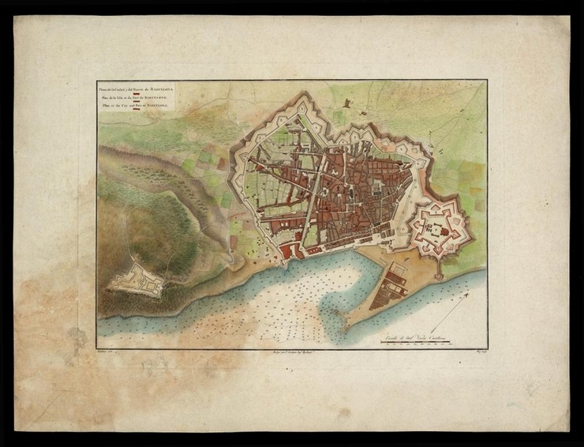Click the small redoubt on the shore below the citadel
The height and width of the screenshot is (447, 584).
pyautogui.click(x=438, y=276)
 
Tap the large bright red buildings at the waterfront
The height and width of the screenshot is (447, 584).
pyautogui.click(x=290, y=251)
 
